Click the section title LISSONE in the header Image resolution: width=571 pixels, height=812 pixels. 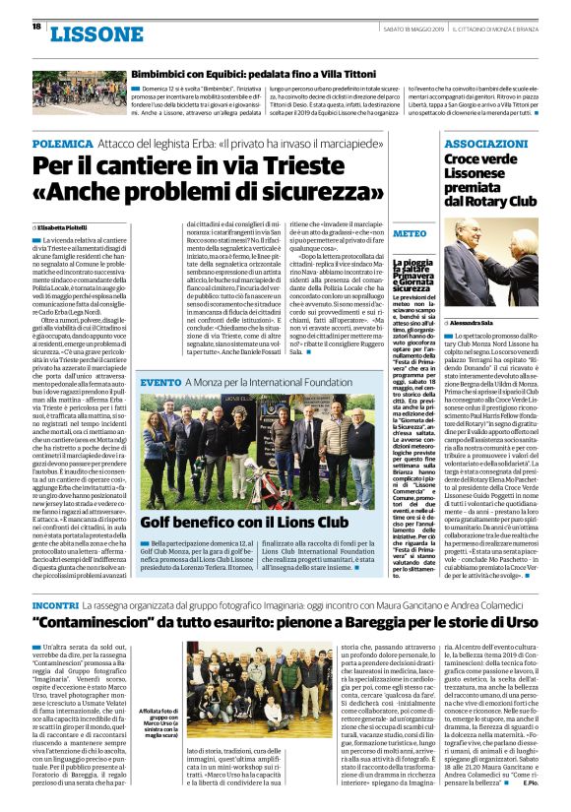coord(95,35)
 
